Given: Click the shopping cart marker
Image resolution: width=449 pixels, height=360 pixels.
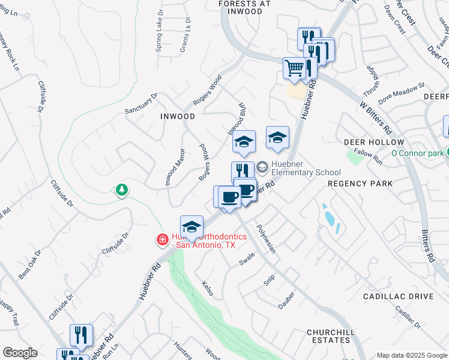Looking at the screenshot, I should [x=294, y=68].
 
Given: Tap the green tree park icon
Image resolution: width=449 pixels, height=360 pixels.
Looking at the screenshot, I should [x=122, y=190].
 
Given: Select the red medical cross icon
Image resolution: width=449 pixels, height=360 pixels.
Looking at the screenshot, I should [x=162, y=241].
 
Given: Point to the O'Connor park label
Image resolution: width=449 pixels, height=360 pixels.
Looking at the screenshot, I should [x=417, y=154].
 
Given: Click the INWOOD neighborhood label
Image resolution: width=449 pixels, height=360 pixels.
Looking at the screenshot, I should [x=178, y=116].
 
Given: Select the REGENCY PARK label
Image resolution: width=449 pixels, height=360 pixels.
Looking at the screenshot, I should [x=360, y=184].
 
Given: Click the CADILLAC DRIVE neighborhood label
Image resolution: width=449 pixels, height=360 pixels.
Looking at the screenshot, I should [x=399, y=296].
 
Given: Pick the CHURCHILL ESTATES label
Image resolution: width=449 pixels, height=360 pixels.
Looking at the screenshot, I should [x=328, y=336].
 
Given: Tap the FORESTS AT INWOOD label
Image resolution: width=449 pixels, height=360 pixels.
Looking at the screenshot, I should [x=244, y=4].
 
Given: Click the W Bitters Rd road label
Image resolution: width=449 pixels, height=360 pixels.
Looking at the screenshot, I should [x=376, y=117].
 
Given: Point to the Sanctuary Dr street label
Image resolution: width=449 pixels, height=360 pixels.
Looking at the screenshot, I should [x=140, y=103].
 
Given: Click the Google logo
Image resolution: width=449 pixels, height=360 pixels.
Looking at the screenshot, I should [x=20, y=353].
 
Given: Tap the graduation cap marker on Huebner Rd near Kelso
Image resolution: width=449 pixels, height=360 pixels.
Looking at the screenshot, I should [x=191, y=227].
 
